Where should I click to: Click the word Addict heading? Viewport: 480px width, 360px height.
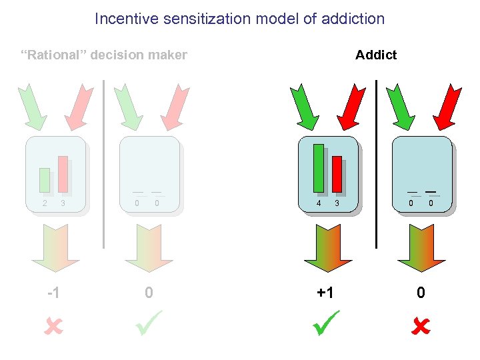376,55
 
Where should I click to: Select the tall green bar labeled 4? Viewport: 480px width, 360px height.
319,167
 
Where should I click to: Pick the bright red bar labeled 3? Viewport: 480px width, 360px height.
337,173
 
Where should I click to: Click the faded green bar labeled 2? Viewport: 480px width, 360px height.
45,180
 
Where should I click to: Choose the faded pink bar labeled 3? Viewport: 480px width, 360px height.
63,173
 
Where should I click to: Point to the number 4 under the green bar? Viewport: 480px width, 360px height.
319,203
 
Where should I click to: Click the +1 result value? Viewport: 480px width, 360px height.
325,293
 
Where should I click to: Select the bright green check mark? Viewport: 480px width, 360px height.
325,323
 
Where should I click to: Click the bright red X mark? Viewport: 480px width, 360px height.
420,326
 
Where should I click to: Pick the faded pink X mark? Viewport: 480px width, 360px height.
53,326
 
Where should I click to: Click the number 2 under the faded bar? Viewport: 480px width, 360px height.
45,203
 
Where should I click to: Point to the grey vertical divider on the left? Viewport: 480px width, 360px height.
104,163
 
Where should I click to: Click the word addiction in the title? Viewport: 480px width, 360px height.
353,19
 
